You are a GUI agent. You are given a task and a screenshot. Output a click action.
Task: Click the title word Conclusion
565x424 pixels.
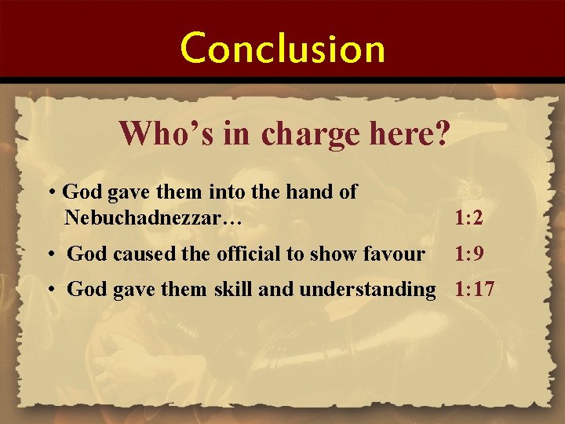[283, 48]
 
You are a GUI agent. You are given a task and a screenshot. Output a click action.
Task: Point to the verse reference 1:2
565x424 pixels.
[468, 219]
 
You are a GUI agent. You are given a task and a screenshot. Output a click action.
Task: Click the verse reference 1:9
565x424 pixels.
[468, 254]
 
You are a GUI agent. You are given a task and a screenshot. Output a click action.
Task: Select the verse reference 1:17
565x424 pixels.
[474, 290]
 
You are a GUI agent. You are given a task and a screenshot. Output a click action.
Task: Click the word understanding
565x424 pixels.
[366, 290]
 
